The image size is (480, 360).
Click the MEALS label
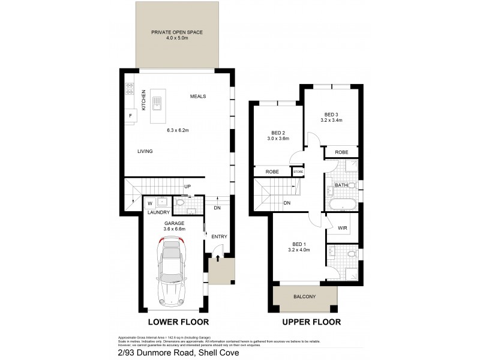tap(199, 97)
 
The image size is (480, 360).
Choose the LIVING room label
tap(145, 151)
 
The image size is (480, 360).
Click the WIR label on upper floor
tap(343, 229)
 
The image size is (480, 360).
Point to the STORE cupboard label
tap(298, 172)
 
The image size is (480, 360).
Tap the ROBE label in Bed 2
tap(272, 172)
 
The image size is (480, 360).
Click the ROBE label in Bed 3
tap(342, 152)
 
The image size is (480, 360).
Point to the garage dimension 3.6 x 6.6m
tap(175, 229)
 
